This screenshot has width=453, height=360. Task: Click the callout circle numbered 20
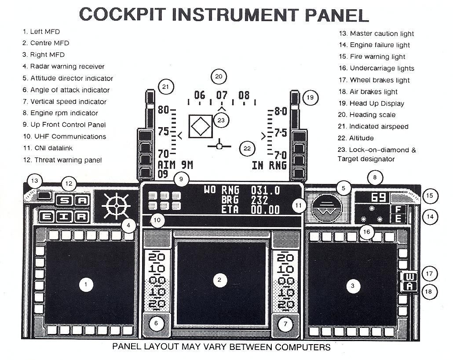(219, 76)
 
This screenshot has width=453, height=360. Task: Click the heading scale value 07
(222, 95)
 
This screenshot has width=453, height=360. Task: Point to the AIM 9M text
(176, 165)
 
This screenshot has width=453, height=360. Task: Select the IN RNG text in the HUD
(269, 165)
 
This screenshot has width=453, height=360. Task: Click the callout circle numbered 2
(219, 279)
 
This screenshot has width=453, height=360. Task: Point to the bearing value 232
(260, 200)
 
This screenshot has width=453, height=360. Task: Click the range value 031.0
(265, 190)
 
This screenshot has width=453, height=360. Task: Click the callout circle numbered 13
(34, 181)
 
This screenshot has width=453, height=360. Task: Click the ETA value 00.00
(265, 210)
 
